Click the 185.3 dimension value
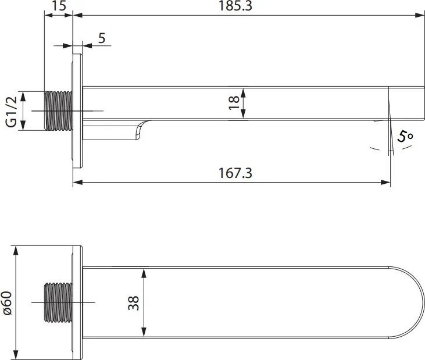pyautogui.click(x=247, y=6)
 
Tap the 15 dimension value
pyautogui.click(x=58, y=6)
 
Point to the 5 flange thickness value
pyautogui.click(x=102, y=38)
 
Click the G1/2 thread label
pyautogui.click(x=10, y=111)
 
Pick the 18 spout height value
pyautogui.click(x=234, y=102)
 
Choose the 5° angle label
pyautogui.click(x=406, y=137)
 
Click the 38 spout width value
pyautogui.click(x=134, y=302)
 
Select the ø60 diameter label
pyautogui.click(x=8, y=303)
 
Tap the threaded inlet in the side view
pyautogui.click(x=58, y=111)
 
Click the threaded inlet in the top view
pyautogui.click(x=58, y=303)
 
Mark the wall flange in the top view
pyautogui.click(x=78, y=303)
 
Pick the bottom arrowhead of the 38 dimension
pyautogui.click(x=143, y=334)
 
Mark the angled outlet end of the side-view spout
pyautogui.click(x=390, y=105)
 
